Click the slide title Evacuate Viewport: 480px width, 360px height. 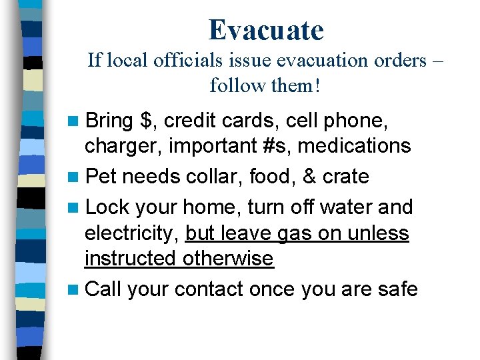point(266,30)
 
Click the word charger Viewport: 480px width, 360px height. point(123,145)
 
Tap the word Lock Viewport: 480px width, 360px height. point(107,207)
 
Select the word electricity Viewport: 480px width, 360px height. point(131,233)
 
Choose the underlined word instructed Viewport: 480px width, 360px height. point(126,259)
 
